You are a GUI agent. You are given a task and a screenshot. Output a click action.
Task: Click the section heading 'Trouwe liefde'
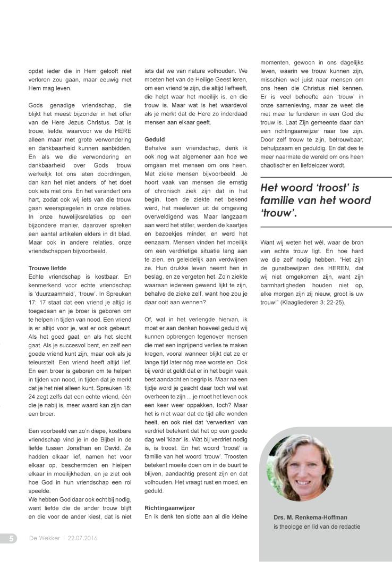click(x=47, y=268)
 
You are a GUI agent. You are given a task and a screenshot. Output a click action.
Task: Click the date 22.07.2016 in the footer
click(x=82, y=538)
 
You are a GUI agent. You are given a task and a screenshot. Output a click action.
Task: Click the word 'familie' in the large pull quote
click(x=279, y=201)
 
